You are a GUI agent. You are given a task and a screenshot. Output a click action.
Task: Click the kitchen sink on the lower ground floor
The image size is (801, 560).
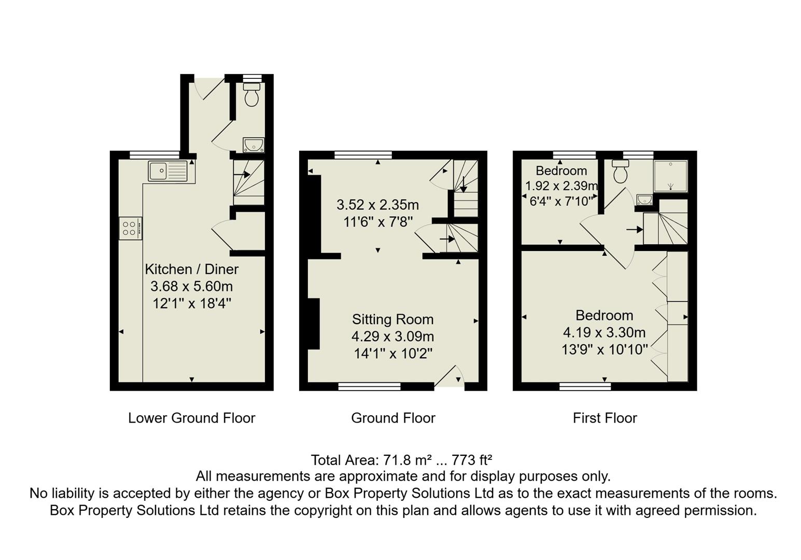tap(167, 171)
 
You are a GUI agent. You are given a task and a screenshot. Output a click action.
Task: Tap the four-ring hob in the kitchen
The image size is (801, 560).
tap(130, 228)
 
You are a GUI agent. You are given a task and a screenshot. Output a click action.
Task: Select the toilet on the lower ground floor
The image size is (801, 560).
tap(252, 95)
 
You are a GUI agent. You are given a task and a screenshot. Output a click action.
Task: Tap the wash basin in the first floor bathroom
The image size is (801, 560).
tap(644, 199)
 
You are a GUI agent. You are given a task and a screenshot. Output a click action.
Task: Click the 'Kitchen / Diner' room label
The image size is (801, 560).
tap(191, 269)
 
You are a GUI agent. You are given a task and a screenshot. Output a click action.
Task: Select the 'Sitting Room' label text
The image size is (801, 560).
tap(392, 319)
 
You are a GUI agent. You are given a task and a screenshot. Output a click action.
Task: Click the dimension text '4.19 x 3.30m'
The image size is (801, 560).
tap(604, 332)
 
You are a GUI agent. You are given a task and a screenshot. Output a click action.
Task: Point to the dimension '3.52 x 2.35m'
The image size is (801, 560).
tap(377, 205)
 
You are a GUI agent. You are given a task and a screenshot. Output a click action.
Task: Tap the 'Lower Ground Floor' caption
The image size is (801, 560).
tap(191, 418)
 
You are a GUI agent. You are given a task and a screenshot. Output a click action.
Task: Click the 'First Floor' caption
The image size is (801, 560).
tap(605, 418)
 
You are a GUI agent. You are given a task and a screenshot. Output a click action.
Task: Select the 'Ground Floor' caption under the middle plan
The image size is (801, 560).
tap(393, 418)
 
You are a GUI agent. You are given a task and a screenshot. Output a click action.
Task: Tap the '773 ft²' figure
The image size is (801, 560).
tap(472, 460)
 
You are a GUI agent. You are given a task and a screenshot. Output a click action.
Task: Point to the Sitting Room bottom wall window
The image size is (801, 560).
tap(369, 386)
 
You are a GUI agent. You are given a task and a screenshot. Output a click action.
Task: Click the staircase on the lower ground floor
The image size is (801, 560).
tap(248, 183)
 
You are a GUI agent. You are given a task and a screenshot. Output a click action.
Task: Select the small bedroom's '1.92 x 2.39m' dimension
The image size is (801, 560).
tap(561, 186)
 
